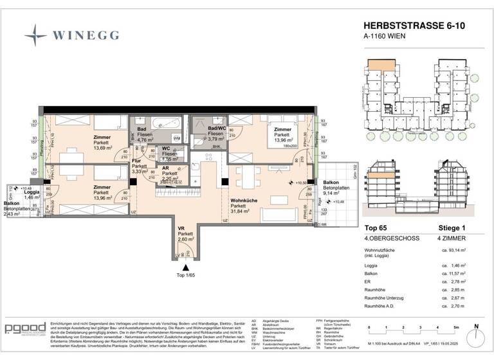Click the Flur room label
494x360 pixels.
click(136, 161)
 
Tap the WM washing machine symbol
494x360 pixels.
click(176, 138)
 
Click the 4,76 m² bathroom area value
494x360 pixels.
click(145, 139)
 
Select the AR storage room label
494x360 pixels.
click(165, 168)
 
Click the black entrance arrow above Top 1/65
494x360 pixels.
click(187, 267)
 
